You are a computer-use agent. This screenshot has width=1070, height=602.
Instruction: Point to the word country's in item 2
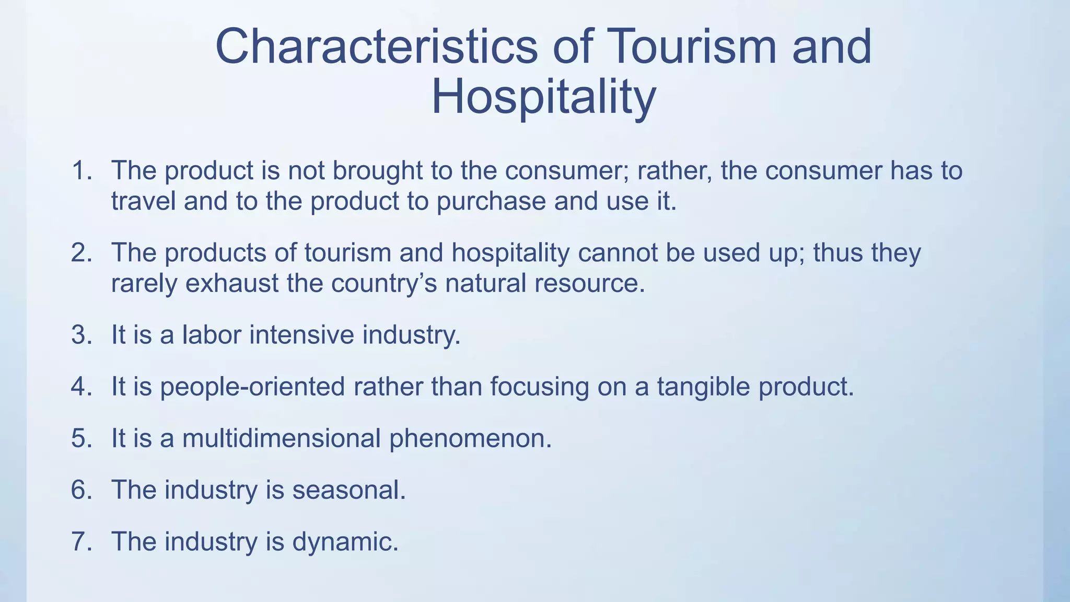384,283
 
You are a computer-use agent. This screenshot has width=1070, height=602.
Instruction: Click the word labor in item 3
212,335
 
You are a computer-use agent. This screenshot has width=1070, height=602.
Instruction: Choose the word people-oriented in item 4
252,387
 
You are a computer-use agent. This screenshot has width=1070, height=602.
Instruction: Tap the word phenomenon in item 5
470,438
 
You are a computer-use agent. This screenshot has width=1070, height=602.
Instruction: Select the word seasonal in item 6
348,490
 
